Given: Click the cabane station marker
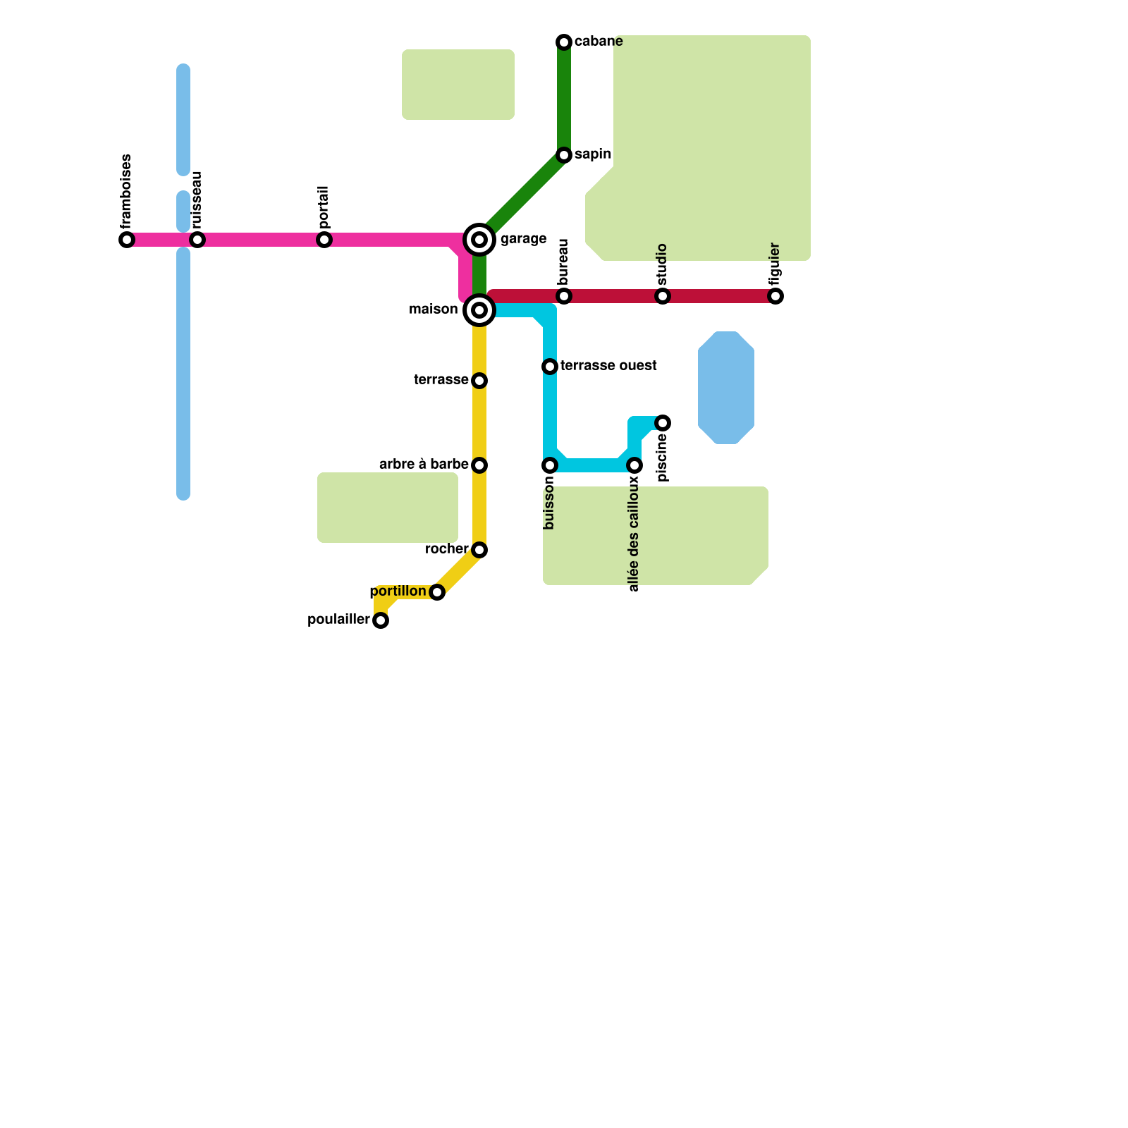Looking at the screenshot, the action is [x=564, y=42].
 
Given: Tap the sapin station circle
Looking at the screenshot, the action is [x=564, y=155].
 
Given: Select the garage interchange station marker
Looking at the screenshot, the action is [x=479, y=240].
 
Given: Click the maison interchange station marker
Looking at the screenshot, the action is [x=479, y=310].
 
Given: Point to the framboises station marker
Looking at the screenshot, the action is [x=127, y=240].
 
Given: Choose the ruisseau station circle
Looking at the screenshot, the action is [x=197, y=240].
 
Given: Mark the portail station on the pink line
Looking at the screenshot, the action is [x=324, y=240].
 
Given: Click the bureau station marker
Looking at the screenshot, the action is [x=564, y=296].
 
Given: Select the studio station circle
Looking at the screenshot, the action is [x=663, y=296].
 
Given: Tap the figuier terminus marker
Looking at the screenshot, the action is [x=775, y=296].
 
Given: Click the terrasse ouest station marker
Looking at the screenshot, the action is [x=550, y=367].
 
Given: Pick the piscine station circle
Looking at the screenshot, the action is [x=663, y=423].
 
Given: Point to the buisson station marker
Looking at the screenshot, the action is [x=550, y=465].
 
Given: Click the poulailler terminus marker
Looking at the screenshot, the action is [x=381, y=620].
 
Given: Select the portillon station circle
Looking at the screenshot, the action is [x=437, y=592].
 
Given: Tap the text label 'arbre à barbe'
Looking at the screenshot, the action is [x=424, y=465].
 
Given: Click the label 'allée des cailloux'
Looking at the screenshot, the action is [x=634, y=534].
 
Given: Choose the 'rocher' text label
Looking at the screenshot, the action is [x=446, y=549].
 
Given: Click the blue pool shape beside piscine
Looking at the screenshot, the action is [x=726, y=388].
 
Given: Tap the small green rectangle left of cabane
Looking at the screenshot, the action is [x=458, y=85].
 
